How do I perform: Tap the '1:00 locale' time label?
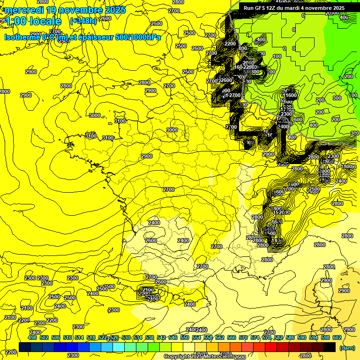pos(33,21)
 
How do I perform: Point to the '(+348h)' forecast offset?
pos(83,21)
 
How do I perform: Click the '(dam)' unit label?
pos(347,347)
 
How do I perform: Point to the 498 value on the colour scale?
pos(32,337)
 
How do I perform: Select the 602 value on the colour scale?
pos(337,337)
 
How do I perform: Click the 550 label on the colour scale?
pos(185,337)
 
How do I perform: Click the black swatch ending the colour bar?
pos(330,347)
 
